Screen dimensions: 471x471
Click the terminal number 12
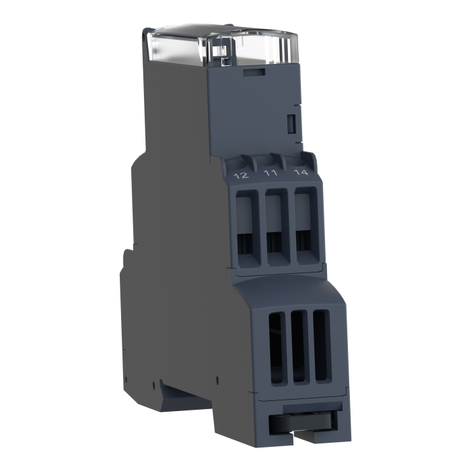tap(241, 175)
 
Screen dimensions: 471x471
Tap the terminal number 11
tap(270, 173)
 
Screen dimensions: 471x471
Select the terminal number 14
tap(301, 172)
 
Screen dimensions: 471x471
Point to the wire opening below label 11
tap(277, 227)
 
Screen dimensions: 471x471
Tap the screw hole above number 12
tap(238, 165)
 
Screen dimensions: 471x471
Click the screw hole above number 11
tap(268, 163)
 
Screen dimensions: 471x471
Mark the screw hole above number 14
tap(297, 162)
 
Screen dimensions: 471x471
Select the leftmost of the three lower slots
tap(277, 349)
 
